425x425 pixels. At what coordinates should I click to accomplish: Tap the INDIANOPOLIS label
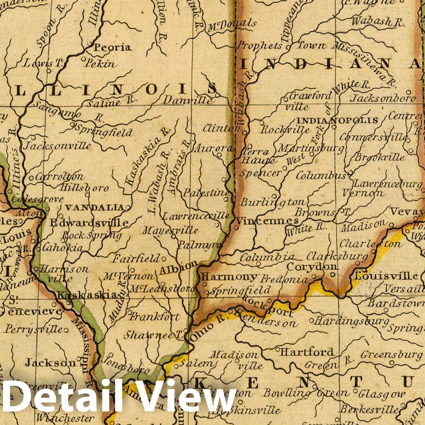click(x=337, y=120)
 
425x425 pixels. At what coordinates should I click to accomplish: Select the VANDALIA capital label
click(x=94, y=207)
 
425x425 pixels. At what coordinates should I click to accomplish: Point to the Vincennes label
click(x=268, y=220)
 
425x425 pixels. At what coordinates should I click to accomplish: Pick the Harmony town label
click(x=229, y=277)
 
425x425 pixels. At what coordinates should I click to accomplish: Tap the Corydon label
click(x=312, y=267)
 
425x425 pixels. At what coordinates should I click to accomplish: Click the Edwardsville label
click(x=89, y=223)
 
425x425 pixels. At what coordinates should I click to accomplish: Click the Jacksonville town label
click(x=57, y=146)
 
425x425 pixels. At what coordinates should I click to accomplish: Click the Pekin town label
click(x=101, y=64)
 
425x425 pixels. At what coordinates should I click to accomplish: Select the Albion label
click(x=178, y=268)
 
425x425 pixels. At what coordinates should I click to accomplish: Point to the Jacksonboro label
click(x=383, y=98)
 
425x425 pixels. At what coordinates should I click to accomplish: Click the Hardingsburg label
click(x=352, y=320)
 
